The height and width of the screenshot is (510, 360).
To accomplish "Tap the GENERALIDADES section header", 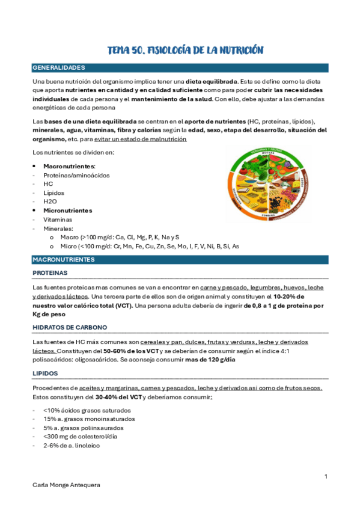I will click(59, 67).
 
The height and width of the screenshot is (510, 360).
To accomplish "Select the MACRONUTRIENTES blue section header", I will click(64, 259).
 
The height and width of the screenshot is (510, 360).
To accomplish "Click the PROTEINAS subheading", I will click(50, 273).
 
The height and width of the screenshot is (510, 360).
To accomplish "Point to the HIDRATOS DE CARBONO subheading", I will click(70, 327).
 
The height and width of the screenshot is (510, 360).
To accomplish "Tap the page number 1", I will click(325, 477).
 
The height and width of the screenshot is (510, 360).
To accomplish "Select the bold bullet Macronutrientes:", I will click(69, 166).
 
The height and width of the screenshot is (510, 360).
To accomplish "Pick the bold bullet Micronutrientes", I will click(67, 210).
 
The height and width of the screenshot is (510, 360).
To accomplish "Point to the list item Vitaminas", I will click(58, 220).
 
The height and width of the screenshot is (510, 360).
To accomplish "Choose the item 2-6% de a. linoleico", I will click(72, 446).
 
